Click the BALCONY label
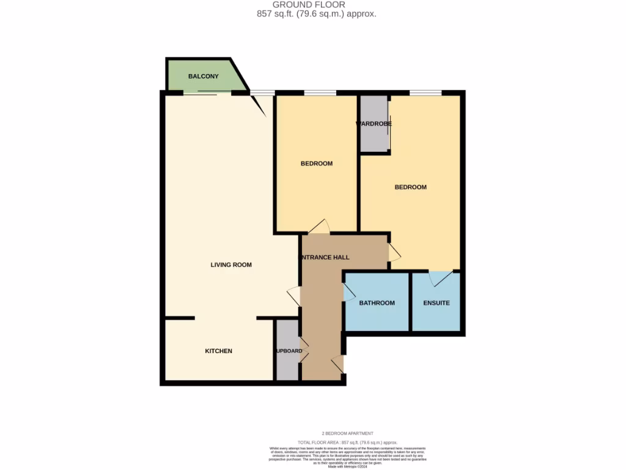click(x=203, y=76)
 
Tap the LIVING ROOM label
click(x=231, y=265)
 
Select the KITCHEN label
click(x=218, y=351)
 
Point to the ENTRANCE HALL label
click(x=324, y=258)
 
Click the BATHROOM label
click(x=377, y=303)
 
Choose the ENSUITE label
click(x=436, y=303)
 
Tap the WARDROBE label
click(x=374, y=124)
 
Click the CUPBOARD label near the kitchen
click(x=287, y=351)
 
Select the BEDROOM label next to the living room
click(x=317, y=163)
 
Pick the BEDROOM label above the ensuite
click(x=410, y=187)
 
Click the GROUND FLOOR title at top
click(x=317, y=5)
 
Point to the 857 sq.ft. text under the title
click(x=317, y=13)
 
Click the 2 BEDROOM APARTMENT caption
click(x=347, y=433)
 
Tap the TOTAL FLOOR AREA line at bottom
click(x=347, y=442)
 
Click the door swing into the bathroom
click(x=350, y=293)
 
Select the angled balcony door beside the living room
click(x=259, y=105)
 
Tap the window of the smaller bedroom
click(x=320, y=93)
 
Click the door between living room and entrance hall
click(x=294, y=296)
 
